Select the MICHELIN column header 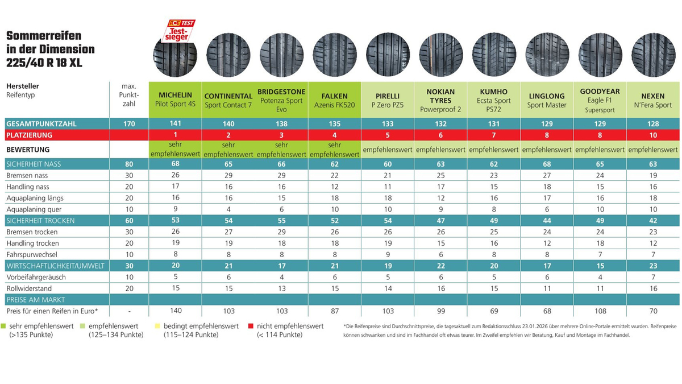[x=176, y=95]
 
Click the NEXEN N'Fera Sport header [x=652, y=100]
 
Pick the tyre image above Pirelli [x=388, y=55]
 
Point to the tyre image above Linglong [x=547, y=55]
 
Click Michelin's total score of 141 [x=176, y=123]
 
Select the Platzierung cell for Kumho [x=493, y=135]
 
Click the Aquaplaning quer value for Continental [x=228, y=209]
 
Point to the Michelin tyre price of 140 [x=176, y=311]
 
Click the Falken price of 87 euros [x=335, y=311]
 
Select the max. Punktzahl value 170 [x=128, y=123]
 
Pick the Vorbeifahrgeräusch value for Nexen [x=652, y=276]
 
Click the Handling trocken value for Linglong [x=547, y=243]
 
